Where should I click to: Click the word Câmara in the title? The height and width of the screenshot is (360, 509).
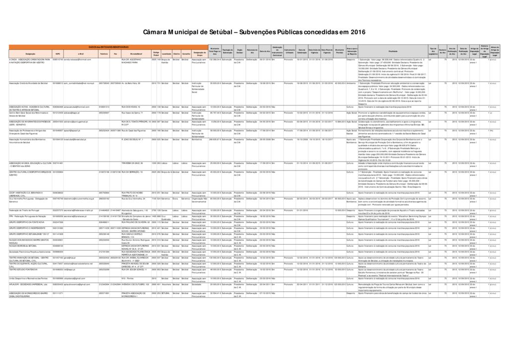click(x=157, y=31)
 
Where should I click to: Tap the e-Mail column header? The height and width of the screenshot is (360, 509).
click(x=81, y=53)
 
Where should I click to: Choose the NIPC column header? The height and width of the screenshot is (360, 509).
click(x=58, y=53)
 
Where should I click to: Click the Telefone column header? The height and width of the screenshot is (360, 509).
click(x=104, y=53)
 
